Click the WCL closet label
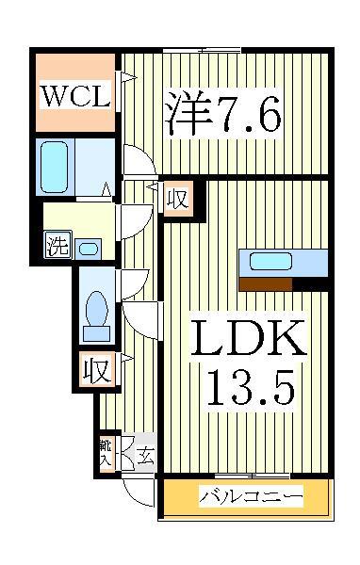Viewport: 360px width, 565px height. [x=75, y=94]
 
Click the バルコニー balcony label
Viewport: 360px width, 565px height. [x=251, y=496]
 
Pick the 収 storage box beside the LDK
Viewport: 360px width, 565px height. [x=176, y=199]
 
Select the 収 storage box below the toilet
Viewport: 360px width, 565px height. [x=97, y=369]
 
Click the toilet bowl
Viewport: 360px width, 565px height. [x=95, y=313]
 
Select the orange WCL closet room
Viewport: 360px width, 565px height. [x=75, y=94]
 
